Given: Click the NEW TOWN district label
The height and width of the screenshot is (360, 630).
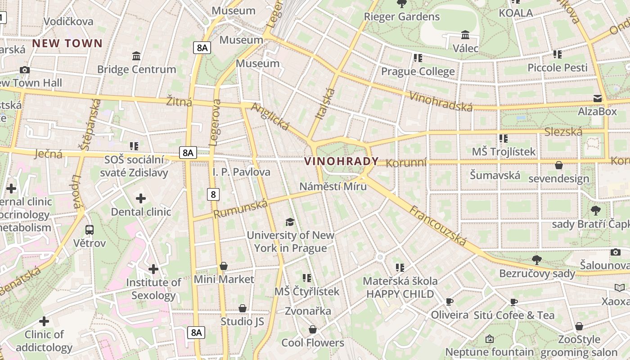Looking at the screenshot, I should pyautogui.click(x=67, y=44).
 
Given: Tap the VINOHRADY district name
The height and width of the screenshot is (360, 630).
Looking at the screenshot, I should pyautogui.click(x=342, y=162).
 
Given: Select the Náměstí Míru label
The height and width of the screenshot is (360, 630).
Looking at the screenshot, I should pyautogui.click(x=333, y=186).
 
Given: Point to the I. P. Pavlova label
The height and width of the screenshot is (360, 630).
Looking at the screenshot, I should pyautogui.click(x=241, y=172).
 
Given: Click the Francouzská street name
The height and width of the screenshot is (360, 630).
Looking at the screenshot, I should pyautogui.click(x=438, y=226).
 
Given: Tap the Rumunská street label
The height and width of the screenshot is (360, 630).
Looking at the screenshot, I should pyautogui.click(x=240, y=209).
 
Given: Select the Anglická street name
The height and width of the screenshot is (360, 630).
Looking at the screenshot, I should pyautogui.click(x=270, y=116).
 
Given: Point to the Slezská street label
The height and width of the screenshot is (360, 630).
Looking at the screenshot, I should pyautogui.click(x=563, y=132).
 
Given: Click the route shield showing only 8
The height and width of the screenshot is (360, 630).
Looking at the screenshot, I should pyautogui.click(x=213, y=194).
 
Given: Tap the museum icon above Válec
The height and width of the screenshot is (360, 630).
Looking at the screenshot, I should pyautogui.click(x=465, y=35).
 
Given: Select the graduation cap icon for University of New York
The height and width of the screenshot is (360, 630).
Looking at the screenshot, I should pyautogui.click(x=290, y=222).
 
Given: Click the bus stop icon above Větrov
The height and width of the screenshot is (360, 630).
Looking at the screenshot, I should pyautogui.click(x=90, y=230).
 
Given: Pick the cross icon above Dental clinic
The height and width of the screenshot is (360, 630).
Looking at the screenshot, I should pyautogui.click(x=141, y=198).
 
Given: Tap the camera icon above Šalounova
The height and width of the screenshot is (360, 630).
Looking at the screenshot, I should pyautogui.click(x=615, y=252).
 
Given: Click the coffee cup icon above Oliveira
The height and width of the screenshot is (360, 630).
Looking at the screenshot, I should pyautogui.click(x=449, y=301).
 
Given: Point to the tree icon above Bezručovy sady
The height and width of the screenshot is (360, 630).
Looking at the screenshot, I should pyautogui.click(x=536, y=260).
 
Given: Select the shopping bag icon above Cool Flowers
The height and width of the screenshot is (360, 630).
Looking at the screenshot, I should pyautogui.click(x=313, y=329).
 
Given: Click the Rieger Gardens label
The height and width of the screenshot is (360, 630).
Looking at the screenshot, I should pyautogui.click(x=401, y=17).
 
